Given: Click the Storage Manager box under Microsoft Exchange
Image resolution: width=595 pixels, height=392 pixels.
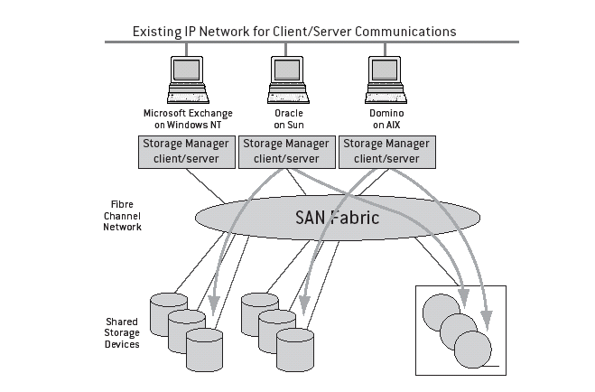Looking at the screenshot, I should (186, 151).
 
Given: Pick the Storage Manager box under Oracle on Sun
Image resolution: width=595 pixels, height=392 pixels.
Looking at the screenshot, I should (286, 151).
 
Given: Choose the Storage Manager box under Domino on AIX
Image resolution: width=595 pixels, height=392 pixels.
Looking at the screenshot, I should (386, 151).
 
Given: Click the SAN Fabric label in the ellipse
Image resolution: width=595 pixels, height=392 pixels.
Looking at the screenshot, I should (338, 218).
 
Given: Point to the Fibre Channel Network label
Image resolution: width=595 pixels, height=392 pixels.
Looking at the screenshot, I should (121, 216).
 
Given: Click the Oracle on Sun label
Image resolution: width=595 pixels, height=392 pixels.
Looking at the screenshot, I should (286, 119).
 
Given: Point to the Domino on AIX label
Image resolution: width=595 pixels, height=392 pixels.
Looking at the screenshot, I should (386, 119).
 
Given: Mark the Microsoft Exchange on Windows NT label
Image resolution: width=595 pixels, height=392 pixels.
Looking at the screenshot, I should (187, 119).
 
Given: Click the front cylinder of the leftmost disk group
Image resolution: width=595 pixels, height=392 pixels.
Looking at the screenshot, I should (203, 350).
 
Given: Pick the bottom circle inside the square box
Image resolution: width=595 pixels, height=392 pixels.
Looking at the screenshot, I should (472, 348).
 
